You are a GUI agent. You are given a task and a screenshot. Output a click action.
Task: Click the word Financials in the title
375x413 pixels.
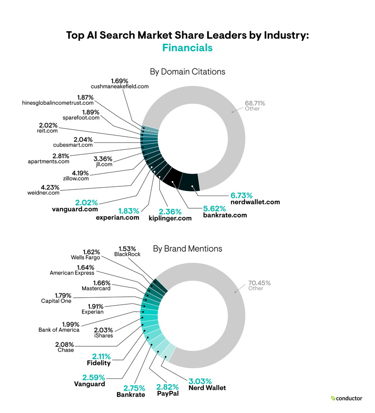(x=187, y=48)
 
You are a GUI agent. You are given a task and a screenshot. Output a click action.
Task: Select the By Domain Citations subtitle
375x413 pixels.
(x=187, y=71)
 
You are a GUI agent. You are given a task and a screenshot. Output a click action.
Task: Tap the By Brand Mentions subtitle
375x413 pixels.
(x=187, y=249)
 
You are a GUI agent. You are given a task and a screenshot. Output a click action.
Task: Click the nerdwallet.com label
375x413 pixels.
(x=255, y=202)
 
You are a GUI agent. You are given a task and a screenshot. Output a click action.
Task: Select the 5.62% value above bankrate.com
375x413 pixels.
(x=214, y=208)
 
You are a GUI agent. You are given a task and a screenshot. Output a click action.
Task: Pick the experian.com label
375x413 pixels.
(x=117, y=217)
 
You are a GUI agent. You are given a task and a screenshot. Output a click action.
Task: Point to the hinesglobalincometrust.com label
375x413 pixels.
(x=58, y=103)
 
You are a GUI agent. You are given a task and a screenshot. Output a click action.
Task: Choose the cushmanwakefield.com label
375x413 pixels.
(x=120, y=86)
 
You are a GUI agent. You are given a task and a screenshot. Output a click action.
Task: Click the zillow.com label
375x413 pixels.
(x=77, y=178)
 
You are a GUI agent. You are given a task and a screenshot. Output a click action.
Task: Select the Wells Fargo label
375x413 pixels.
(x=85, y=257)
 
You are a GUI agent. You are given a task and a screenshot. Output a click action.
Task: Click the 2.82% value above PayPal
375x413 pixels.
(x=168, y=387)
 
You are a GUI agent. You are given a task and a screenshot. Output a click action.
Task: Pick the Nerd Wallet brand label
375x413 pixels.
(x=207, y=388)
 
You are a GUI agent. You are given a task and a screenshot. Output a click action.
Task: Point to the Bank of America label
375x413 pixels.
(x=59, y=330)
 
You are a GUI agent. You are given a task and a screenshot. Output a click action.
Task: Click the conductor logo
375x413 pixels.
(x=346, y=398)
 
